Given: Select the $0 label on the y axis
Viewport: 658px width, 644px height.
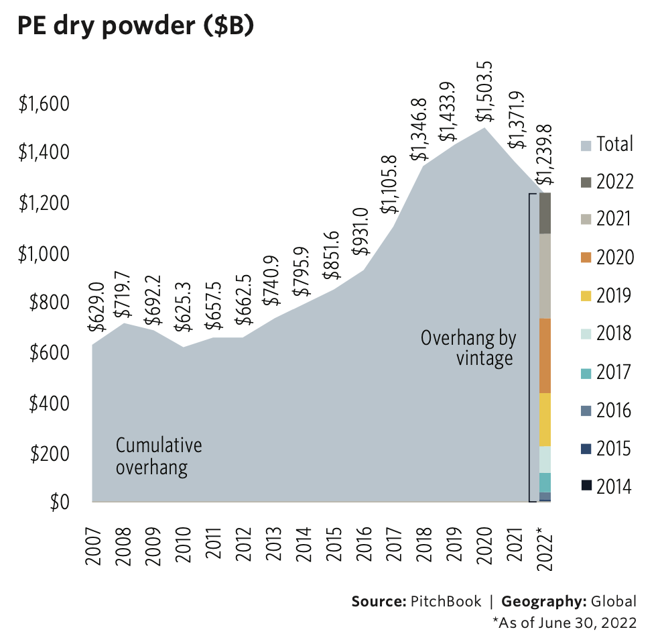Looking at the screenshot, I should point(60,503).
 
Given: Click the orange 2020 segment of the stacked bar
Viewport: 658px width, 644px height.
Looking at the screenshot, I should point(545,356).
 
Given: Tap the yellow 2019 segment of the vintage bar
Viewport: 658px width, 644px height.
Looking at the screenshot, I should point(545,419).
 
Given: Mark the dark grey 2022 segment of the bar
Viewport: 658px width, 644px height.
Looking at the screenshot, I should point(545,213).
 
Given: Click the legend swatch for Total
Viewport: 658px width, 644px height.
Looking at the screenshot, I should point(586,144).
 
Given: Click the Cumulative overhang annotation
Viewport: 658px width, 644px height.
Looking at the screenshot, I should point(159,456).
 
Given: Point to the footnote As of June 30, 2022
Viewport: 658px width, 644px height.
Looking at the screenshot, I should point(564,623).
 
